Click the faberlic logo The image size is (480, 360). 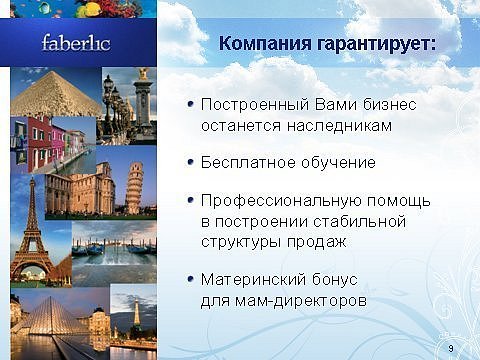pos(76,43)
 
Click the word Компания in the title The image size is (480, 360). pos(265,44)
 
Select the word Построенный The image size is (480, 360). pos(255,105)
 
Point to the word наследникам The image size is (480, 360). pos(339,126)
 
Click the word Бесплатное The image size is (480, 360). pos(249,163)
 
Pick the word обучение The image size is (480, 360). pos(338,163)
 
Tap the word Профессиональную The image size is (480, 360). pos(281,201)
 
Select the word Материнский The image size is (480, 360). pos(253,279)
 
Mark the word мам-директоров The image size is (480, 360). pos(301,301)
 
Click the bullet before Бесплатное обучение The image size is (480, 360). pos(191,162)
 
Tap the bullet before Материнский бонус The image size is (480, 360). pos(191,279)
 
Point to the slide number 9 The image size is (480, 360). pos(451,349)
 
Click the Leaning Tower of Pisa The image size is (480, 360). pos(135,187)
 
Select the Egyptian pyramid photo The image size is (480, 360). pos(56,93)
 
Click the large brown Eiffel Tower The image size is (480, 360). pos(32,233)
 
